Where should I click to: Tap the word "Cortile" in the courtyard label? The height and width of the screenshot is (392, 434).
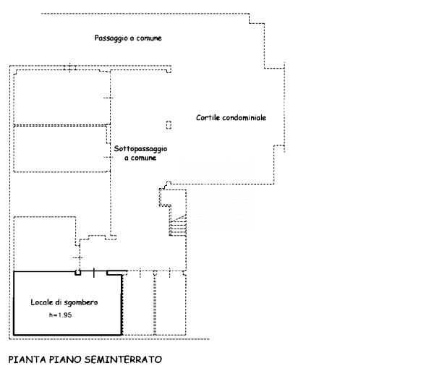click(209, 117)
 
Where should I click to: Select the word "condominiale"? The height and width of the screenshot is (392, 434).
click(244, 117)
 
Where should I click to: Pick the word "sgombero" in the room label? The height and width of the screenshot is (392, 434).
click(83, 301)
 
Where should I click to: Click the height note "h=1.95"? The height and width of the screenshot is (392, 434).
click(61, 315)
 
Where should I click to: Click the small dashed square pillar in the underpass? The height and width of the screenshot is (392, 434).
click(168, 124)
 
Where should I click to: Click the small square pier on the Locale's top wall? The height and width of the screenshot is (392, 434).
click(79, 273)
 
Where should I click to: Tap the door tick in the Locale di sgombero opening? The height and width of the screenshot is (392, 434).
click(95, 272)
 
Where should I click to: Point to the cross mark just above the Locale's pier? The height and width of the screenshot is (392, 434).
click(78, 258)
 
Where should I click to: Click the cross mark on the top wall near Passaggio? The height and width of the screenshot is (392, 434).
click(69, 68)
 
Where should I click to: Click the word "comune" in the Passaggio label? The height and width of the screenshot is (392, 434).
click(148, 38)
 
